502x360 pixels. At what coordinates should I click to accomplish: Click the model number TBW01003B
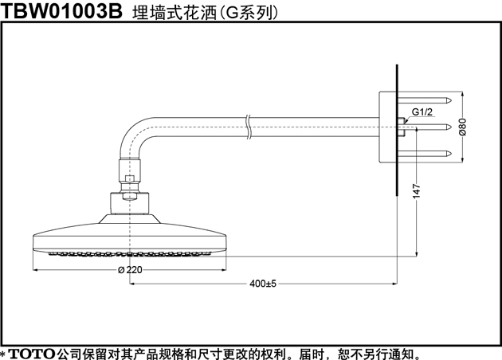point(61,10)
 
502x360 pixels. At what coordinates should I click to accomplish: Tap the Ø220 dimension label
point(130,270)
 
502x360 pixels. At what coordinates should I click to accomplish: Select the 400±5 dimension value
point(262,284)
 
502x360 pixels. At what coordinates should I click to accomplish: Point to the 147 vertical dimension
point(417,191)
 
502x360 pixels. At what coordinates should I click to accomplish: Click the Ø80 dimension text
point(463,127)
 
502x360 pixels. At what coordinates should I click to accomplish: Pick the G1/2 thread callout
point(422,112)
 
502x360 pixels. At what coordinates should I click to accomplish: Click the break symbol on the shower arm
point(249,127)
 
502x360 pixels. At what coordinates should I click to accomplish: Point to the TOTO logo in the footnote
point(32,354)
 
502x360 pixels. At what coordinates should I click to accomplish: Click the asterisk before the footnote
point(3,354)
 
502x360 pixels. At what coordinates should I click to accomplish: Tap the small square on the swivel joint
point(130,178)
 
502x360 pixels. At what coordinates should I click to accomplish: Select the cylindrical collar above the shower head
point(130,204)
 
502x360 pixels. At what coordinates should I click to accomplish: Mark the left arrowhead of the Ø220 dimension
point(36,270)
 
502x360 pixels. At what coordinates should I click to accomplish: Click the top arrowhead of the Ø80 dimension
point(463,95)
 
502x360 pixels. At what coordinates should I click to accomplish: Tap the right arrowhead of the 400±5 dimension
point(394,284)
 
